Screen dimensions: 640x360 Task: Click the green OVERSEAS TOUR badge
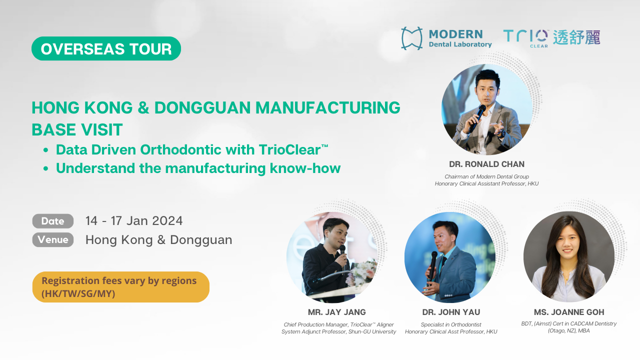click(x=106, y=48)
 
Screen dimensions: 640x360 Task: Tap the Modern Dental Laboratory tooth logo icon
click(x=411, y=38)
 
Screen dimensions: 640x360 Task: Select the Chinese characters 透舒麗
click(x=576, y=37)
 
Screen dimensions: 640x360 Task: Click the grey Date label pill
click(x=53, y=221)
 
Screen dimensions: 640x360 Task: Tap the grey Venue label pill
click(x=53, y=239)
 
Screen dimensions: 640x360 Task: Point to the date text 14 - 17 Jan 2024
click(x=134, y=221)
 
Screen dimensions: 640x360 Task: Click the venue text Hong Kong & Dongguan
click(x=159, y=240)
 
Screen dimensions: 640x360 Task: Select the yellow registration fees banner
click(x=121, y=287)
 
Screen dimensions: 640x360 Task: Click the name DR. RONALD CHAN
click(x=486, y=164)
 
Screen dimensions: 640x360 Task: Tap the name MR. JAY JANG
click(x=337, y=312)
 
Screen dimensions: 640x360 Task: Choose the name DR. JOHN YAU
click(x=451, y=312)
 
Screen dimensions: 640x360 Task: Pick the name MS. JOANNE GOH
click(x=569, y=312)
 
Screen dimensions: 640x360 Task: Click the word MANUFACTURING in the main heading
click(x=327, y=107)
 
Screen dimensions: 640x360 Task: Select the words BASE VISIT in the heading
click(x=77, y=129)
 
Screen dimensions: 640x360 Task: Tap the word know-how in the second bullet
click(x=305, y=168)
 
